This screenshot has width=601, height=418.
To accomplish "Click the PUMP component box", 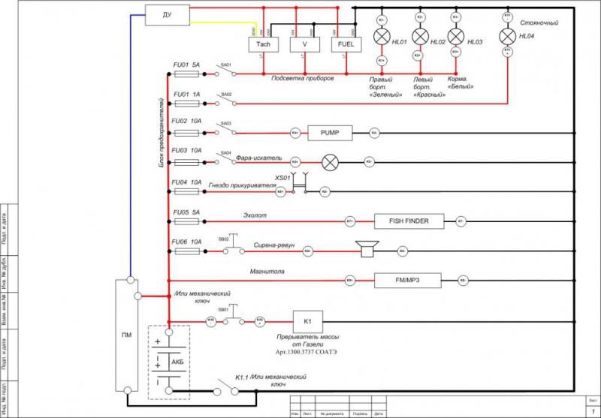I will click(331, 134).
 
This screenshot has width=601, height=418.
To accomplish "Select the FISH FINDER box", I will click(409, 221).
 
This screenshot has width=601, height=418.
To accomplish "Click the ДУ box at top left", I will click(167, 14).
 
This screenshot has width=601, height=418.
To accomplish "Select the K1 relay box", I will click(307, 321).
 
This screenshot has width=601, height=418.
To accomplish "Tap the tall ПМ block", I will click(125, 335).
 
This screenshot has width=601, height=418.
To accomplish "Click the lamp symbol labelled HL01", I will click(382, 38).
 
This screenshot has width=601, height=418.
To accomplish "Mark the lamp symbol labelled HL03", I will click(455, 38).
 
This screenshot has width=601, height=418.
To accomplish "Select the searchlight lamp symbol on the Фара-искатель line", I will click(330, 161).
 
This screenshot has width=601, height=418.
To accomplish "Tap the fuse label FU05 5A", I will click(186, 212).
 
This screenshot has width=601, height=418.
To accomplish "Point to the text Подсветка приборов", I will click(303, 79).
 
